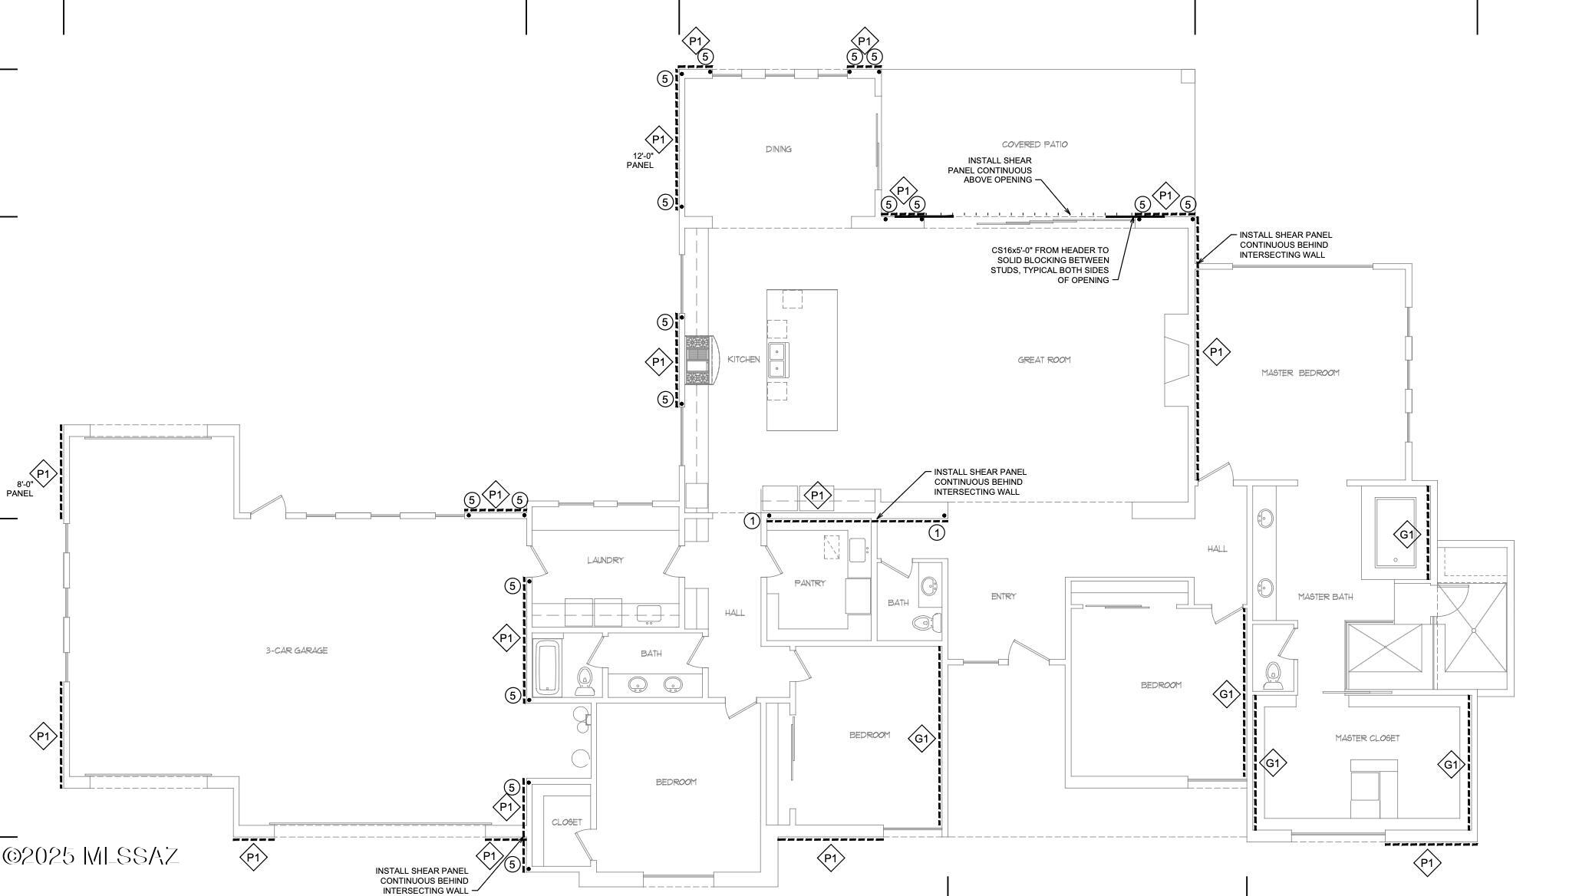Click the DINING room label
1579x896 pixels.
pos(778,149)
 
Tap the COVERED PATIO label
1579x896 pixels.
pos(1034,144)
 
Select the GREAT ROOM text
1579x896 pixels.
pos(1043,360)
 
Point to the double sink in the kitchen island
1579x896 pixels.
pos(776,360)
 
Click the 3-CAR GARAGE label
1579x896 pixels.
pos(296,651)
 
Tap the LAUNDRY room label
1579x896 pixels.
pos(605,561)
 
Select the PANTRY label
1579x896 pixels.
pos(809,584)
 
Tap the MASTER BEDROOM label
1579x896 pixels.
pos(1300,373)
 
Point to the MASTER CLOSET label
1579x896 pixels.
pos(1366,738)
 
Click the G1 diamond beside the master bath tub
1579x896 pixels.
pos(1406,535)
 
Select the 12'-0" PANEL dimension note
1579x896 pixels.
pos(639,160)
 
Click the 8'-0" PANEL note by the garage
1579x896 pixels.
pos(20,489)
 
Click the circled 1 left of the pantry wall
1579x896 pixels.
pos(753,522)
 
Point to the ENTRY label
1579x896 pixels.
pos(1003,597)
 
